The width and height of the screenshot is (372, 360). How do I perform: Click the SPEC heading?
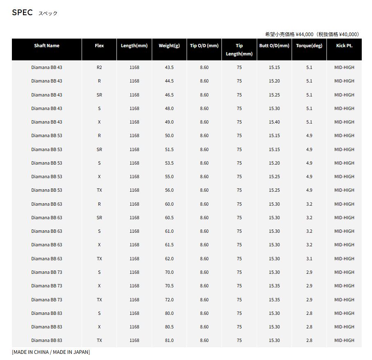pos(22,12)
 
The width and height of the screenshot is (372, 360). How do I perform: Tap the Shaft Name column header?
pos(47,46)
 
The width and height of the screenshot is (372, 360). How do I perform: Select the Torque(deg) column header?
pos(309,46)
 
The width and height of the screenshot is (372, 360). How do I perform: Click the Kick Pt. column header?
pos(344,46)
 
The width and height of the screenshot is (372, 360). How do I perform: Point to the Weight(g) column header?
pos(169,46)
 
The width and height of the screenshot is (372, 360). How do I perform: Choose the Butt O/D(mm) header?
pos(274,46)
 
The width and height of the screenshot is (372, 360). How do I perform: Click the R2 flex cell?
pos(99,67)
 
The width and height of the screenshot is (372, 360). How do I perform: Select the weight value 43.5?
pos(169,67)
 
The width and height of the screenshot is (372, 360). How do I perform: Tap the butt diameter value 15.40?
pos(274,122)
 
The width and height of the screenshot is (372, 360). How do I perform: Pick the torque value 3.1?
pos(309,259)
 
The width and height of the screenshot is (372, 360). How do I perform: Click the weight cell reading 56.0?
pos(169,190)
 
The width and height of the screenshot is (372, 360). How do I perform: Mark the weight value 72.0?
pos(169,300)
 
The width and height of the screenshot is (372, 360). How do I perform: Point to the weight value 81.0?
pos(169,340)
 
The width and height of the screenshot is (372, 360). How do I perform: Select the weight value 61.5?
pos(169,245)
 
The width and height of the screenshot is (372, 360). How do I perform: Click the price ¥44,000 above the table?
pos(304,34)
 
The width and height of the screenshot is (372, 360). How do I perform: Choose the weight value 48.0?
pos(169,108)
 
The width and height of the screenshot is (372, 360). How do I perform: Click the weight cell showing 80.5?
pos(169,327)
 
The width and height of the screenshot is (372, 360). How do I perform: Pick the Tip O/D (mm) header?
pos(204,46)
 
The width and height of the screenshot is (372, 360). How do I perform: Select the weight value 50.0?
pos(169,135)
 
